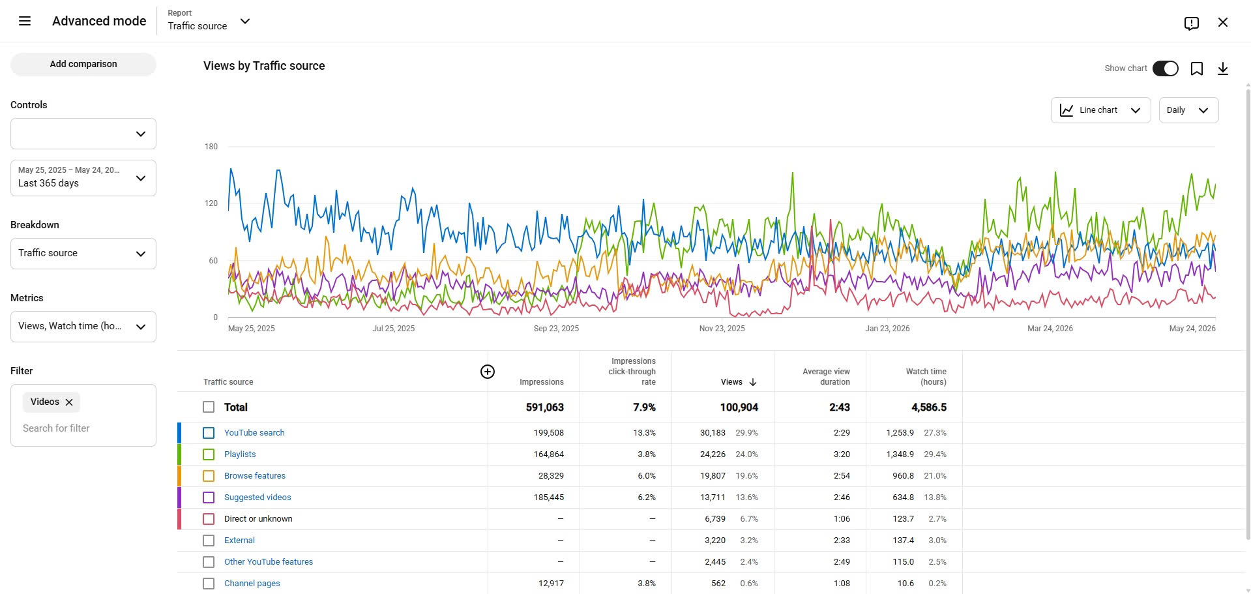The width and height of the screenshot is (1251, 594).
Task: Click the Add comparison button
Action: click(x=83, y=64)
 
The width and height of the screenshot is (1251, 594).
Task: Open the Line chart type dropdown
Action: click(x=1100, y=110)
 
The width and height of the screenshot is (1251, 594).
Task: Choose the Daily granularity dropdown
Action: click(x=1188, y=110)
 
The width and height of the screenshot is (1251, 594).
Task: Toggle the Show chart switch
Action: click(x=1165, y=68)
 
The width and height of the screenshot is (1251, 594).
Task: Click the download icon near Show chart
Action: click(x=1223, y=68)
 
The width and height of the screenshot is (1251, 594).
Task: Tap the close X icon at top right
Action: click(x=1223, y=22)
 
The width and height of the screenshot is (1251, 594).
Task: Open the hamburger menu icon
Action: click(x=25, y=21)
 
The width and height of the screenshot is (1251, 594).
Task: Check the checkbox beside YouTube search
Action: click(x=209, y=433)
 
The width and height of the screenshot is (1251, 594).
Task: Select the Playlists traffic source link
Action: click(x=240, y=454)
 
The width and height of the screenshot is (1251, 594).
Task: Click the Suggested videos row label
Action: click(x=258, y=497)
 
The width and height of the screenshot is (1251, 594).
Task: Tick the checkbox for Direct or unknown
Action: click(x=209, y=519)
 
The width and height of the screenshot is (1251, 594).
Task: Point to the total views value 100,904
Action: click(x=739, y=408)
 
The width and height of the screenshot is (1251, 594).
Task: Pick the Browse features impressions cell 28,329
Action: click(x=551, y=476)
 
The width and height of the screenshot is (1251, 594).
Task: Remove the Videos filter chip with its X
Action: click(x=69, y=402)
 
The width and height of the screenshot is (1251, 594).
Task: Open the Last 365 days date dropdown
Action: click(x=83, y=178)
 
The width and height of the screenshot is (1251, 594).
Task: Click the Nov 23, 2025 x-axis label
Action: click(x=722, y=329)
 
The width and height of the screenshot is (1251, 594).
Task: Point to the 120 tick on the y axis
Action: click(x=211, y=203)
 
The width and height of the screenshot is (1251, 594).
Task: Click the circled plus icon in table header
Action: click(x=488, y=372)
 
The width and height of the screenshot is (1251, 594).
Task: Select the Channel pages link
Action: click(x=252, y=584)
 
